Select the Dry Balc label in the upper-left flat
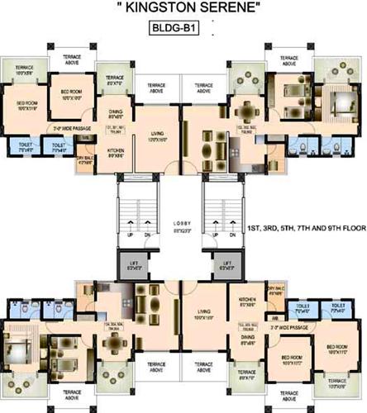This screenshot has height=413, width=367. pyautogui.click(x=83, y=160)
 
